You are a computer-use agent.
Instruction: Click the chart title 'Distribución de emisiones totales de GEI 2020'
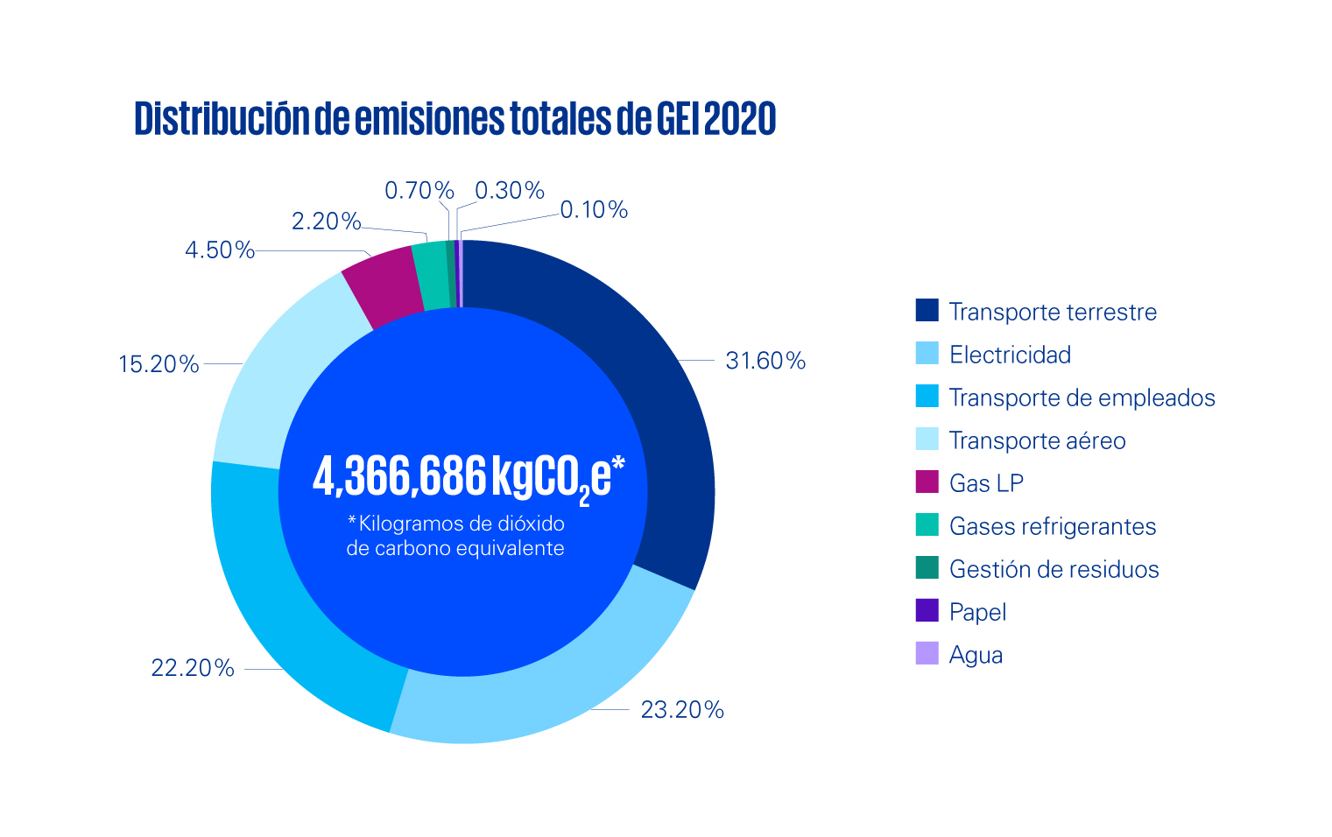click(455, 119)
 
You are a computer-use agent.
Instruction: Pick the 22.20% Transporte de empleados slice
click(289, 613)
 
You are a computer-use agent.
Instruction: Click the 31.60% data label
click(765, 361)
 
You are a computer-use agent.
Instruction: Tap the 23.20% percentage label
click(682, 709)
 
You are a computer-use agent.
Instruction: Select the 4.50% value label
click(219, 250)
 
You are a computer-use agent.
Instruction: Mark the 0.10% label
click(594, 210)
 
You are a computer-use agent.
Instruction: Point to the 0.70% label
click(419, 190)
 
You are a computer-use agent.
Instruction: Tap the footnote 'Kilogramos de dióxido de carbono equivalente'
click(455, 536)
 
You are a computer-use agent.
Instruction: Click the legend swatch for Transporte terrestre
click(927, 311)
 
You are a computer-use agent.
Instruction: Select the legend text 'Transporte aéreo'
click(1037, 440)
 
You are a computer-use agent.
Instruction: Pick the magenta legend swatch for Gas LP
click(927, 482)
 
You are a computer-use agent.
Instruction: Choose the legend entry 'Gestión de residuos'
click(1054, 569)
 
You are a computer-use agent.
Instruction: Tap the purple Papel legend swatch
click(927, 611)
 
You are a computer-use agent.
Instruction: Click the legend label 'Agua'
click(976, 655)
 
